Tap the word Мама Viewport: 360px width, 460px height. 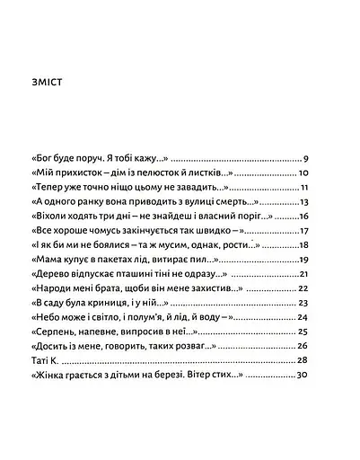48,260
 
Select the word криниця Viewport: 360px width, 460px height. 122,303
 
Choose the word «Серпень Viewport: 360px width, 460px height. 56,332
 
